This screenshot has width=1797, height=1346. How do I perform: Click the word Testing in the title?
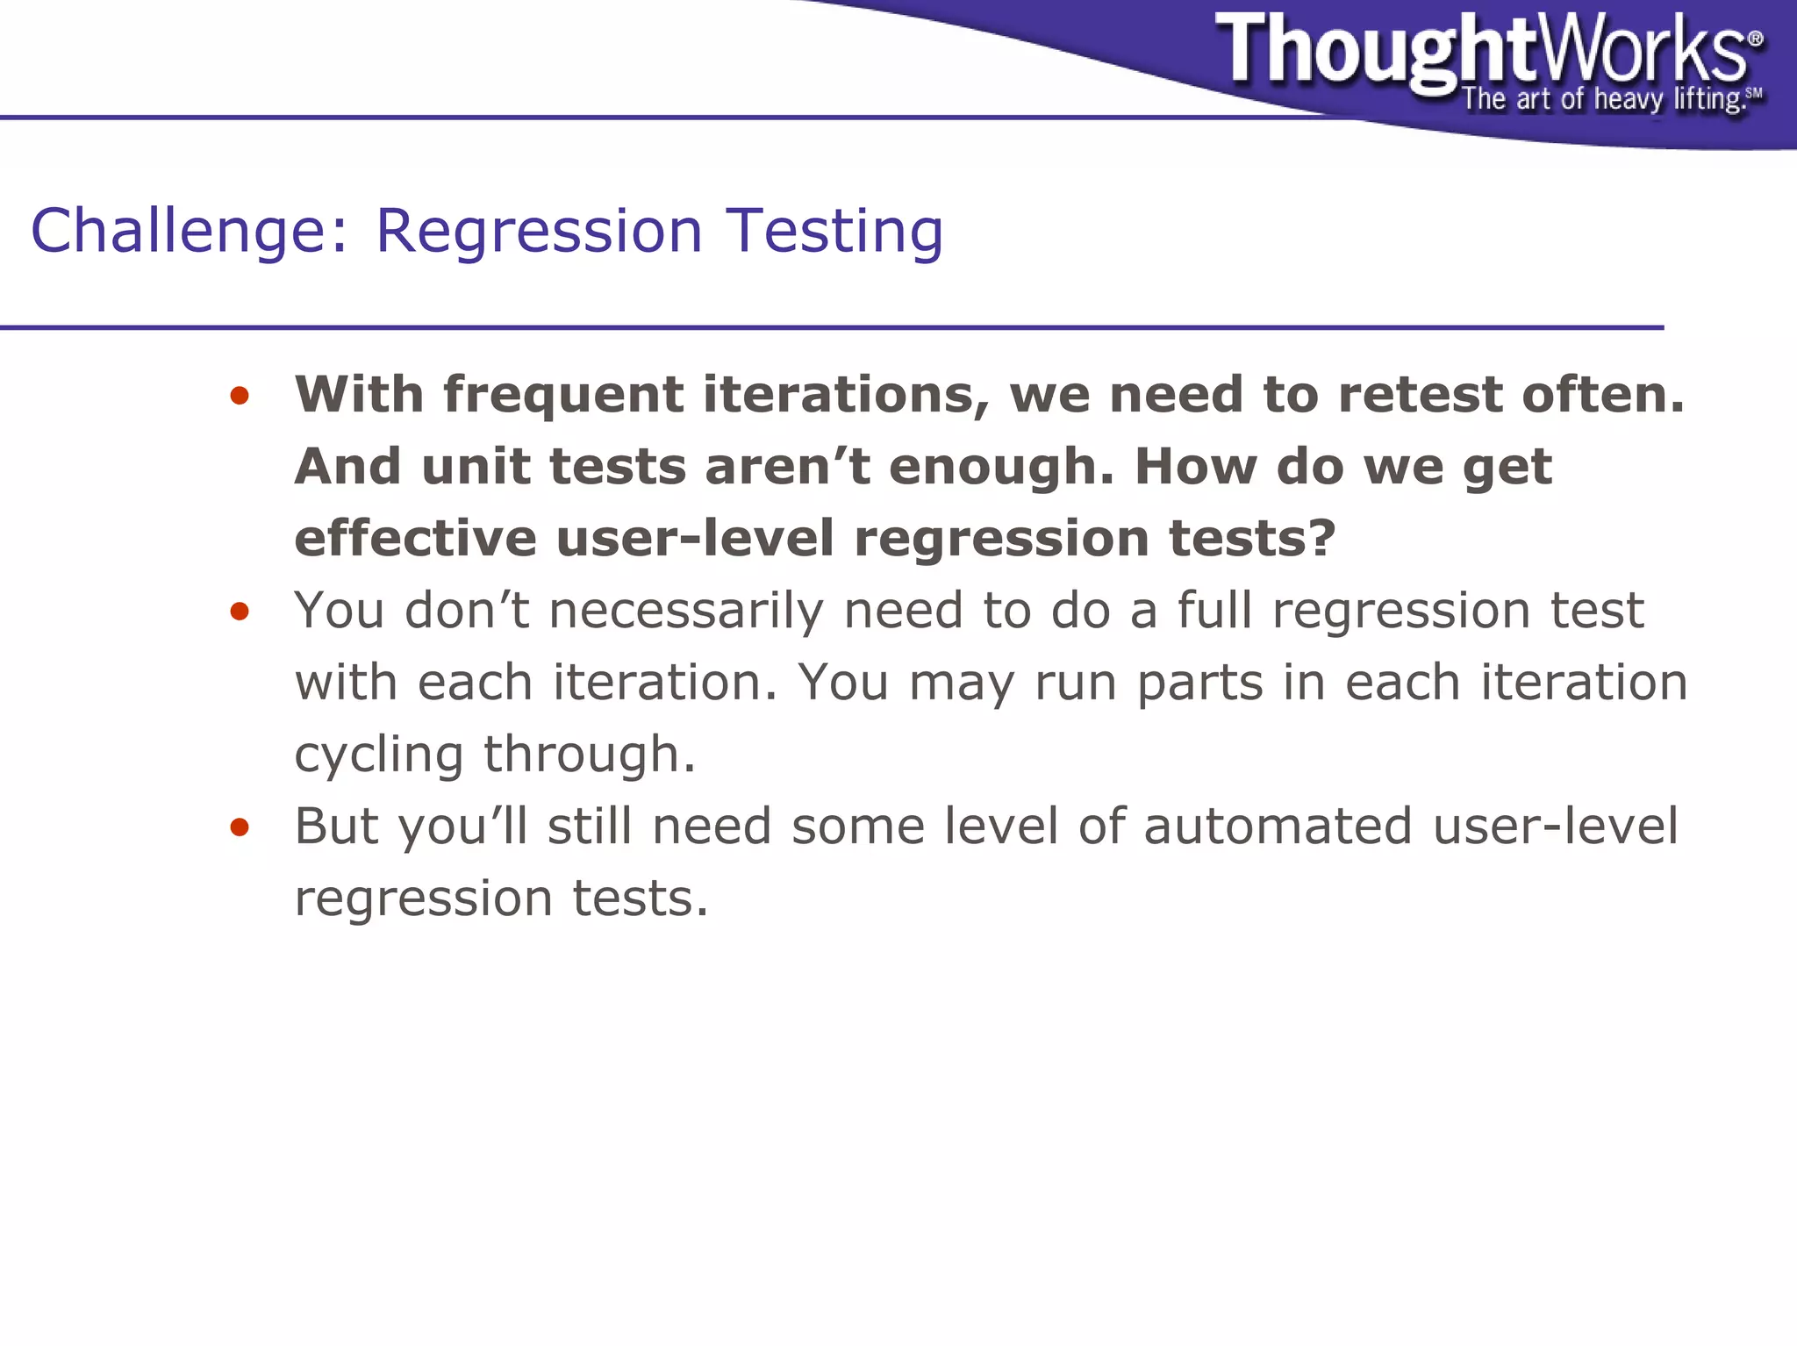click(834, 232)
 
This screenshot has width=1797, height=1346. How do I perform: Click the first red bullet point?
click(239, 397)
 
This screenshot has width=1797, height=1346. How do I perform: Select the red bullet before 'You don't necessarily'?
click(239, 612)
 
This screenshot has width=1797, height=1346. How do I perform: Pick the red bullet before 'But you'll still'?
click(239, 827)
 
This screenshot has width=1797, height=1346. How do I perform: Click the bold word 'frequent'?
click(562, 395)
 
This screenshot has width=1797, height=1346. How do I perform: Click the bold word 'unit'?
click(475, 466)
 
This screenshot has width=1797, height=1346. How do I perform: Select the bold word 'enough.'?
click(1000, 466)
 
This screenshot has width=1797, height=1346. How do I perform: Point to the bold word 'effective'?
click(415, 538)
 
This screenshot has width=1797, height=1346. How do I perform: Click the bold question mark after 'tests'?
click(1321, 538)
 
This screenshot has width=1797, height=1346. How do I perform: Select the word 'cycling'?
click(378, 755)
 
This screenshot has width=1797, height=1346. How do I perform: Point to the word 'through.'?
click(589, 754)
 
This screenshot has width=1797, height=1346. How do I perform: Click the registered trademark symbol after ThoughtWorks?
click(1755, 39)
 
